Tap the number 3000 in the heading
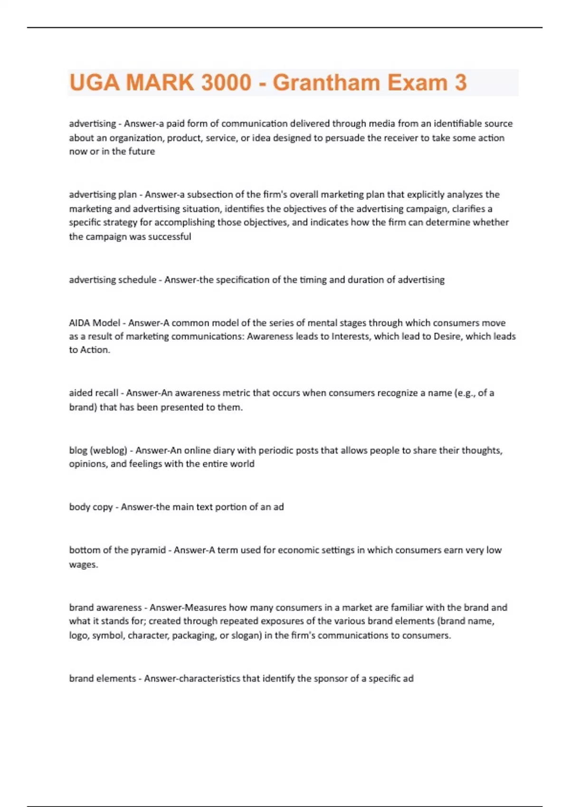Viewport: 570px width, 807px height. (226, 83)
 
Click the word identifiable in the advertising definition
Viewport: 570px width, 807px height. (445, 123)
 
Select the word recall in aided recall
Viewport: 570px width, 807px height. (107, 393)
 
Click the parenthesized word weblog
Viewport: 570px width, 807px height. (110, 450)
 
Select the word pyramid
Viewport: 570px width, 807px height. (148, 550)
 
